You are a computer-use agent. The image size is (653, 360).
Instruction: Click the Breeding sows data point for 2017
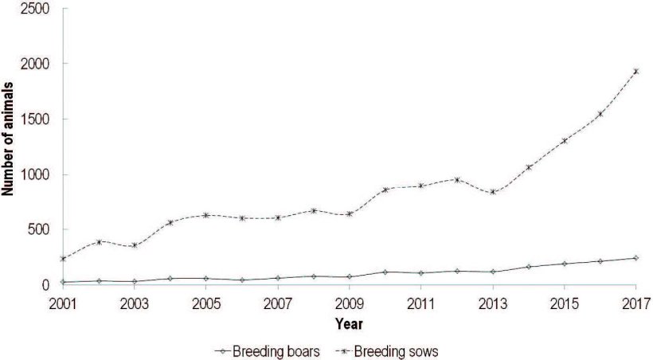635,71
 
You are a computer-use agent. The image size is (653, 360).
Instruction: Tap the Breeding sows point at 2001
62,258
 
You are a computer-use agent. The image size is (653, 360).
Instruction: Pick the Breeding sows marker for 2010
385,190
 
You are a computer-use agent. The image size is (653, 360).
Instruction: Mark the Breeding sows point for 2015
564,141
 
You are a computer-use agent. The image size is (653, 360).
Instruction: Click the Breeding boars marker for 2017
635,258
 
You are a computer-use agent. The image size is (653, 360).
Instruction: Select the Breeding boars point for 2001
62,282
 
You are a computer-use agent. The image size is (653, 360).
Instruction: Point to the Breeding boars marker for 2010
385,272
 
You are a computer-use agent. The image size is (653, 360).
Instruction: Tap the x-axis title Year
349,324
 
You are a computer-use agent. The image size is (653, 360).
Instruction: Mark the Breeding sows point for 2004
170,222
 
